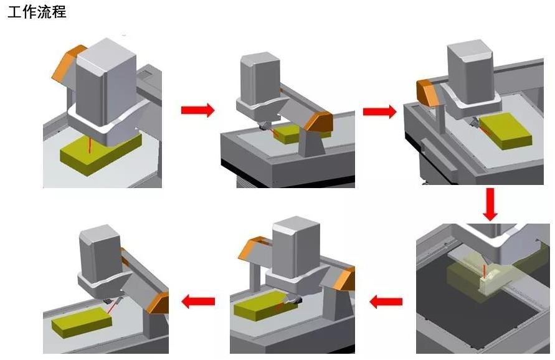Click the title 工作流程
point(37,12)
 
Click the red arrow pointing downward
point(490,204)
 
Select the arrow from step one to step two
point(198,110)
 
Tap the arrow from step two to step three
point(380,111)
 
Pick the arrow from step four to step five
point(386,302)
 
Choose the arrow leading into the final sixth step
point(198,301)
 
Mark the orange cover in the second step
point(318,121)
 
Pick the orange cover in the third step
point(427,92)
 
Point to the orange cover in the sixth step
point(158,303)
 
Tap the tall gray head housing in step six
point(101,252)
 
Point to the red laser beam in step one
point(90,145)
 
